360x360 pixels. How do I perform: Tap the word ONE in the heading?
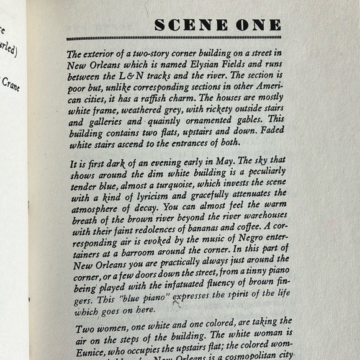(x=258, y=25)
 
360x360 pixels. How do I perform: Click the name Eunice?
(x=89, y=344)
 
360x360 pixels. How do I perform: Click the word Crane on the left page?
(x=11, y=83)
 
